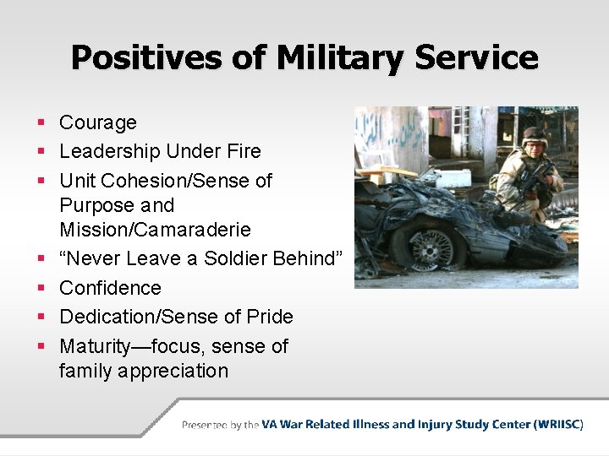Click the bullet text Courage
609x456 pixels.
click(x=97, y=122)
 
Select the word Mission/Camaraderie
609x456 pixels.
click(x=156, y=230)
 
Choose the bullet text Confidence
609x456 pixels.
click(x=110, y=288)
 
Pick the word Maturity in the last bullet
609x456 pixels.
click(x=96, y=346)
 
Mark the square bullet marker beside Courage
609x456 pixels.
click(x=41, y=123)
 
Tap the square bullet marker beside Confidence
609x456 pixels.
click(x=41, y=289)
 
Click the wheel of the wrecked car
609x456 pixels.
click(x=431, y=248)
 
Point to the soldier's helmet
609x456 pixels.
click(x=534, y=135)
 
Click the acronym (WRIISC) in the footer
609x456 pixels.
click(x=558, y=425)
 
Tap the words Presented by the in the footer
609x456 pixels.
click(x=220, y=425)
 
